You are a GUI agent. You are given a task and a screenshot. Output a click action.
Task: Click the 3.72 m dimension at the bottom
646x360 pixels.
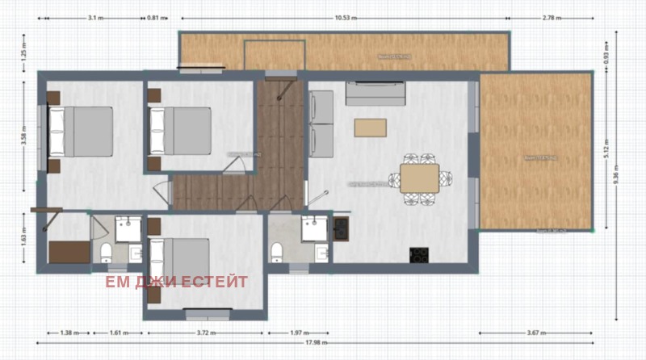click(205, 332)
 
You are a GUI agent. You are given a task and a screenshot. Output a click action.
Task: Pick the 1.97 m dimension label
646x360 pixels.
click(298, 332)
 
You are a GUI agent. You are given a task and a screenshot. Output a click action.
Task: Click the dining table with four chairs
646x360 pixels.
click(419, 175)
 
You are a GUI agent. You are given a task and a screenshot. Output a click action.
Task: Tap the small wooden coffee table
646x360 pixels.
click(370, 127)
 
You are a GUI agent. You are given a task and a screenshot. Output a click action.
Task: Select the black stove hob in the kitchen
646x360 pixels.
click(419, 254)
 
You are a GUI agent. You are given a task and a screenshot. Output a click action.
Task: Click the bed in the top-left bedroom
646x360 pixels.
click(81, 131)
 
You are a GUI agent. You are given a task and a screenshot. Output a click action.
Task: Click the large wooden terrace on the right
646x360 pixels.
click(535, 151)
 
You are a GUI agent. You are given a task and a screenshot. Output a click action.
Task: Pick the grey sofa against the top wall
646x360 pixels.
click(375, 94)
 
